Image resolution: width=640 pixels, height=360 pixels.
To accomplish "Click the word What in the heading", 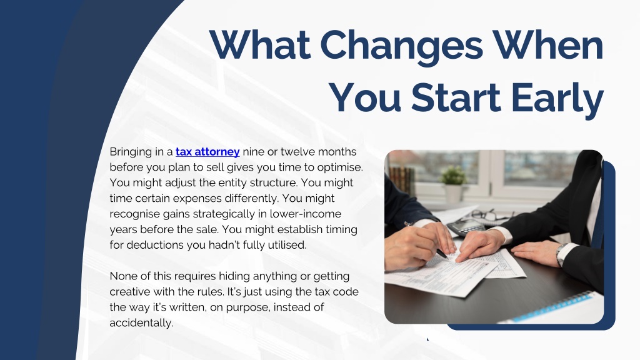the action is pyautogui.click(x=259, y=44).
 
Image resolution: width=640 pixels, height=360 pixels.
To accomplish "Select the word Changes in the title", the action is pyautogui.click(x=402, y=47).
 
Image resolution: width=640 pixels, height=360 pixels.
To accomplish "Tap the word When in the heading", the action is pyautogui.click(x=547, y=44).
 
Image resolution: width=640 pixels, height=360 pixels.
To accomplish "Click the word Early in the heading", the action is pyautogui.click(x=557, y=100).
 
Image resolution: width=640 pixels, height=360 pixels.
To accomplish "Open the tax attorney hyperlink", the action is pyautogui.click(x=207, y=152).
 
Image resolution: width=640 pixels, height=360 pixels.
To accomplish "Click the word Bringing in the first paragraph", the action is pyautogui.click(x=131, y=152).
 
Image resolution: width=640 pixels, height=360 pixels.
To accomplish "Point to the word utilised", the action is pyautogui.click(x=287, y=245).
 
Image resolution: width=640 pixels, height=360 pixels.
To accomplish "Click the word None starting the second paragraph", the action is pyautogui.click(x=124, y=276).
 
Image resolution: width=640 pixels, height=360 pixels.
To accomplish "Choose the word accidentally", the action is pyautogui.click(x=142, y=323).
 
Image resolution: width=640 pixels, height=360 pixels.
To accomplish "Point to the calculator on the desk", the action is pyautogui.click(x=464, y=227).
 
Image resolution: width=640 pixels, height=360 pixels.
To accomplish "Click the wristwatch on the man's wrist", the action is pyautogui.click(x=561, y=254).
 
